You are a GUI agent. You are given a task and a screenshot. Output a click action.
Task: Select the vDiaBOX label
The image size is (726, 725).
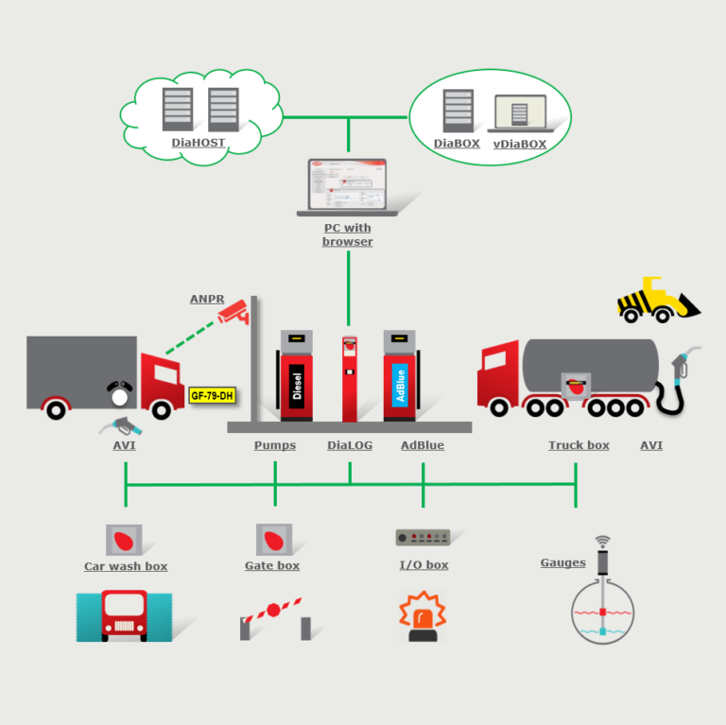tap(519, 144)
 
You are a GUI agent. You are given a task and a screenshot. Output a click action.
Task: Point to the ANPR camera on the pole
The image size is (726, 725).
tap(233, 313)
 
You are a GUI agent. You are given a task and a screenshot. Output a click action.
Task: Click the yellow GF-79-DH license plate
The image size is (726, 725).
tap(212, 395)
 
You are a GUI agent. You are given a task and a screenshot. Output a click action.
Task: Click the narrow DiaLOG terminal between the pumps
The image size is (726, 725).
tap(349, 378)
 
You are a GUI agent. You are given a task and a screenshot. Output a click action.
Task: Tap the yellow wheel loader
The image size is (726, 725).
tap(657, 301)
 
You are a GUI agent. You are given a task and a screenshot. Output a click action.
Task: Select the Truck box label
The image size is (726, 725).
tap(579, 445)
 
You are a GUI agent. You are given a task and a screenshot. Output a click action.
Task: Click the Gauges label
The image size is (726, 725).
tap(562, 562)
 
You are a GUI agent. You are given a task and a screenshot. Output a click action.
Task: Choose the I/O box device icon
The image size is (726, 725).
tap(423, 537)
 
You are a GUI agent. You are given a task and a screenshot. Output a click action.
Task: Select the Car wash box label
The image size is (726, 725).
tap(126, 566)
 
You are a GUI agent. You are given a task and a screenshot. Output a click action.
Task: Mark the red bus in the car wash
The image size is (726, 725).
tap(125, 615)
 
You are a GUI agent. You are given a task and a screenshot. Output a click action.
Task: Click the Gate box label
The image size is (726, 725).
tap(272, 565)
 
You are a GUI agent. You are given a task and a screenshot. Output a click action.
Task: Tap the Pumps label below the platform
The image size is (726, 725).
tap(274, 445)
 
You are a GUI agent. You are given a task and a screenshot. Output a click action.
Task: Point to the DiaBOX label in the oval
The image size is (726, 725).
tap(457, 144)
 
